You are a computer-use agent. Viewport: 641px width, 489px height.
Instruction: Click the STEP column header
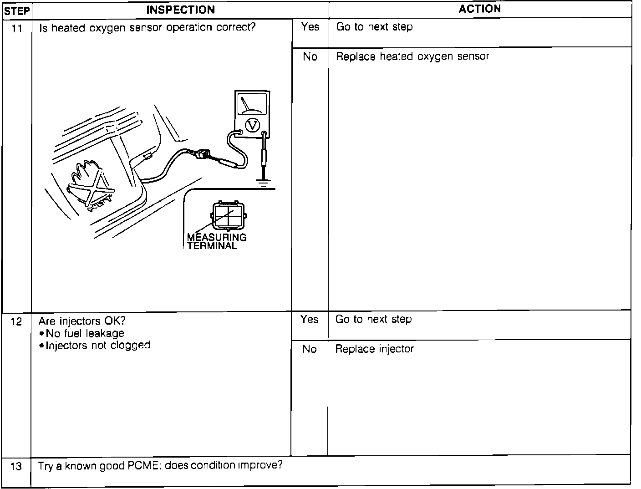coord(17,10)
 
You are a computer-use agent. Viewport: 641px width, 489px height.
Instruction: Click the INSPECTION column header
coord(180,10)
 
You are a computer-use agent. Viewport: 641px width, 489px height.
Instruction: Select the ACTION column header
coord(479,9)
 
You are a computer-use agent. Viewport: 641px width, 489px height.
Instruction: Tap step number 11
coord(17,29)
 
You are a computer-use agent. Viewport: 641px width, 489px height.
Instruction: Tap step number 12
coord(16,322)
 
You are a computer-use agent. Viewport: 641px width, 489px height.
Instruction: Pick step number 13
coord(16,467)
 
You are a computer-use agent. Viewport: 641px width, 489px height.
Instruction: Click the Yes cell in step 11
coord(310,27)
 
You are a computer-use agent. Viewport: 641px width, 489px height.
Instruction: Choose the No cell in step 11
coord(310,56)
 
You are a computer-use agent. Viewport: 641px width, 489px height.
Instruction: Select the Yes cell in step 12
coord(310,320)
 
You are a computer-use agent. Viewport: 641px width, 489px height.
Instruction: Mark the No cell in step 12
coord(310,349)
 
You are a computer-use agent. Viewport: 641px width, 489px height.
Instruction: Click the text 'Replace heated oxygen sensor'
coord(412,56)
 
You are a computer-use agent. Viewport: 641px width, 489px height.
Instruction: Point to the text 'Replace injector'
coord(374,349)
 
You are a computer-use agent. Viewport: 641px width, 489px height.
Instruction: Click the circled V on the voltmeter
coord(252,124)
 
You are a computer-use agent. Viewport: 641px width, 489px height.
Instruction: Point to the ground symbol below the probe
coord(263,183)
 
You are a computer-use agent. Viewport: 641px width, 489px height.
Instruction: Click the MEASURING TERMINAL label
coord(216,241)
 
